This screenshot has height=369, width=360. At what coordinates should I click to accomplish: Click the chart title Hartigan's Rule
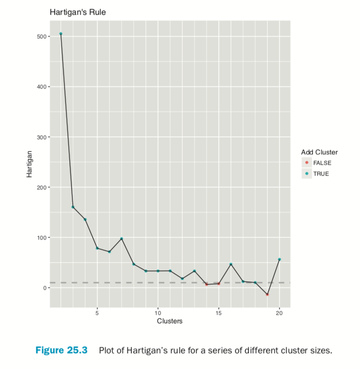pyautogui.click(x=78, y=11)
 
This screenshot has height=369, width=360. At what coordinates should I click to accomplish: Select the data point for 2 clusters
pyautogui.click(x=60, y=33)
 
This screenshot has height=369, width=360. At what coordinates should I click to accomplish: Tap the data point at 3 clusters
pyautogui.click(x=73, y=207)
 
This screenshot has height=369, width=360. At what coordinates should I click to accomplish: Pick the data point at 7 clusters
pyautogui.click(x=121, y=239)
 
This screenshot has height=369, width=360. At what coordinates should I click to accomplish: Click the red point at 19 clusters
pyautogui.click(x=267, y=294)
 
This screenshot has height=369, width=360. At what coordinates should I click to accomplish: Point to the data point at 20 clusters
pyautogui.click(x=279, y=259)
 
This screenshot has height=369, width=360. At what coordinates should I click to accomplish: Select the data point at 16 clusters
pyautogui.click(x=231, y=264)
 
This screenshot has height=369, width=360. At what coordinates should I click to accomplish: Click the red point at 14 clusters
pyautogui.click(x=207, y=284)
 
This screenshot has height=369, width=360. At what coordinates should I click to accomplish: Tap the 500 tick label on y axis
pyautogui.click(x=41, y=36)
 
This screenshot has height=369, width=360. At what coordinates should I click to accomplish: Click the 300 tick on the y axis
pyautogui.click(x=41, y=137)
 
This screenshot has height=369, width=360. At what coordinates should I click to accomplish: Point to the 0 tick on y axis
pyautogui.click(x=44, y=288)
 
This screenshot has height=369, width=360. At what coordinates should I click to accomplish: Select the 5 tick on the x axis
pyautogui.click(x=97, y=312)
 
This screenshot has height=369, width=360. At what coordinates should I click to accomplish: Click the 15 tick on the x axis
pyautogui.click(x=218, y=312)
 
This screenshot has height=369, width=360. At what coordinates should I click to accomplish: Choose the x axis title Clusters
pyautogui.click(x=170, y=321)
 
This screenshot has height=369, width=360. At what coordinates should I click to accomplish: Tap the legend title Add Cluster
pyautogui.click(x=319, y=153)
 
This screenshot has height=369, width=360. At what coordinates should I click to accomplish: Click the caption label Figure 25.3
pyautogui.click(x=61, y=350)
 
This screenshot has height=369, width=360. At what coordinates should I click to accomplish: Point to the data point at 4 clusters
pyautogui.click(x=85, y=219)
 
